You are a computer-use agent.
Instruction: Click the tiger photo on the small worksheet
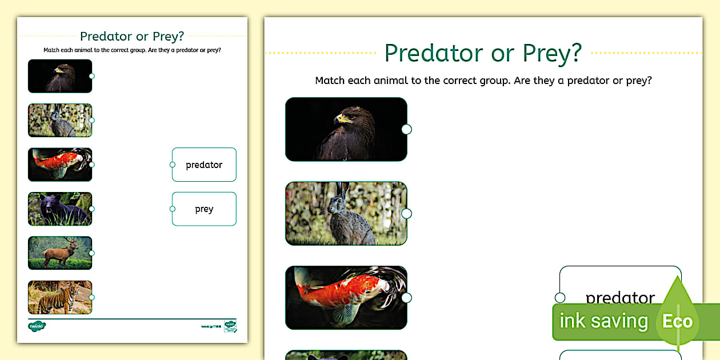59,297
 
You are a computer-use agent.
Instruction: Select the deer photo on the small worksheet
59,253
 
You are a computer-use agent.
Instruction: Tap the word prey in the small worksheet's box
204,209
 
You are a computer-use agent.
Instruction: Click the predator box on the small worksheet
204,165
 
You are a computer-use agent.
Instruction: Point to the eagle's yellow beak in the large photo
343,118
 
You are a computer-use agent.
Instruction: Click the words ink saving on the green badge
603,321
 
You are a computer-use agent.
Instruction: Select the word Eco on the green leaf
677,321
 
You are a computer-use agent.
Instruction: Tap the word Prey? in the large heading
552,53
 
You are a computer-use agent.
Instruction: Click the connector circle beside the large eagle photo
406,129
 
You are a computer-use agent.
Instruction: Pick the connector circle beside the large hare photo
406,214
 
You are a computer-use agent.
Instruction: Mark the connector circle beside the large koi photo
406,298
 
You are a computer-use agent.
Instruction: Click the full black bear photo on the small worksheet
59,209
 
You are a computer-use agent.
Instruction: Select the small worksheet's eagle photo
59,76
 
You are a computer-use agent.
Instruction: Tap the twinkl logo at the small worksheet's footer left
37,326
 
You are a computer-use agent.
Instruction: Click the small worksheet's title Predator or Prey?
132,37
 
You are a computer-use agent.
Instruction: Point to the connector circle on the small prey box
173,209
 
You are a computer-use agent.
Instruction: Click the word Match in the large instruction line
331,81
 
